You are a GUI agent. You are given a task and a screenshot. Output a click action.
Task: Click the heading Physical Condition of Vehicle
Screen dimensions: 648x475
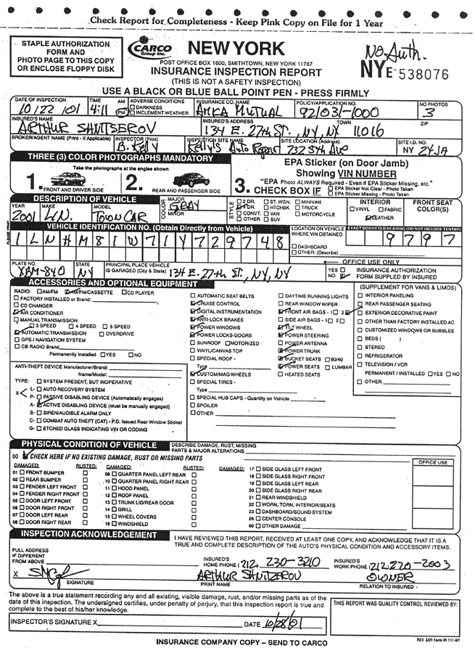[x=88, y=444]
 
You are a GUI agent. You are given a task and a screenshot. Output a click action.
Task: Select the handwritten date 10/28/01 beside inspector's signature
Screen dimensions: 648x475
[x=281, y=623]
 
